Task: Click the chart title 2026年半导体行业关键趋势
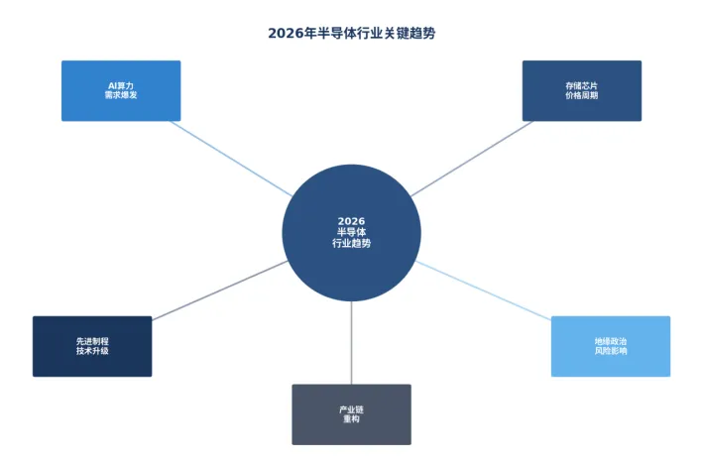point(351,33)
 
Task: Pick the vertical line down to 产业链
point(351,342)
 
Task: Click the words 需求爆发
point(121,96)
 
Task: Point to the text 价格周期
point(581,96)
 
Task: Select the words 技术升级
point(92,352)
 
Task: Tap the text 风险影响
point(611,352)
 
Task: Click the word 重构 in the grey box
point(351,419)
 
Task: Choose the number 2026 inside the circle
point(351,221)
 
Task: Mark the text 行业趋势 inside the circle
point(351,243)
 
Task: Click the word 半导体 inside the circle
point(351,232)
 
